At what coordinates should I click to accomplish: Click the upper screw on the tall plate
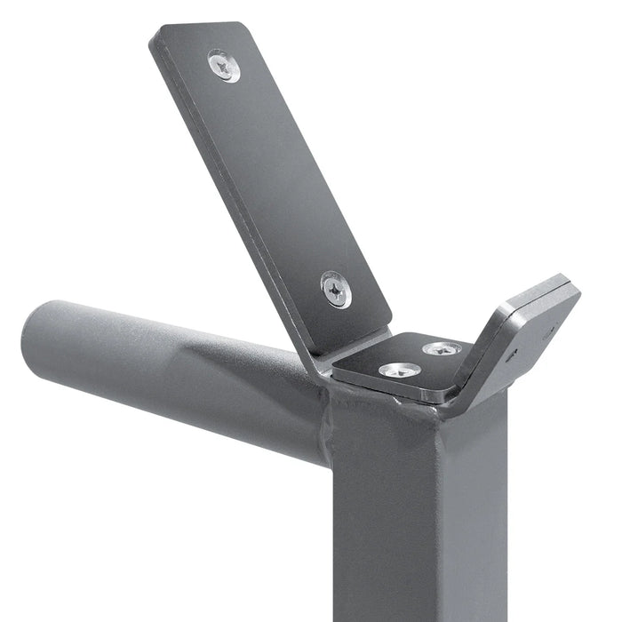point(223,66)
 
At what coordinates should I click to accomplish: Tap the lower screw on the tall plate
point(336,289)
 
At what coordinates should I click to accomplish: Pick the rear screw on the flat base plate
point(442,349)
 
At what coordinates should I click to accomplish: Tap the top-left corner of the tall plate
point(156,33)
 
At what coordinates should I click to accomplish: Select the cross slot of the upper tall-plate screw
point(223,66)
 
